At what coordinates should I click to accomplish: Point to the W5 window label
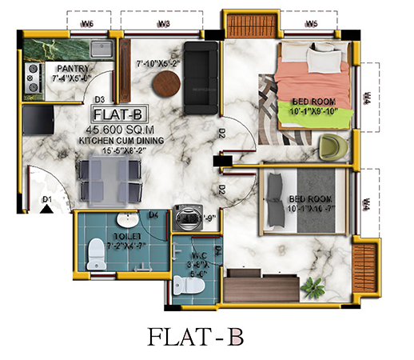[312, 24]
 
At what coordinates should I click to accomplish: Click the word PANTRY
[73, 69]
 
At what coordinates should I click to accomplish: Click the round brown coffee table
[167, 82]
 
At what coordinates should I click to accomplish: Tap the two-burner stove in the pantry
[34, 78]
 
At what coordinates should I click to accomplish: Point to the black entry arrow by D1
[47, 210]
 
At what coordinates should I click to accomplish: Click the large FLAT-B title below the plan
[205, 336]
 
